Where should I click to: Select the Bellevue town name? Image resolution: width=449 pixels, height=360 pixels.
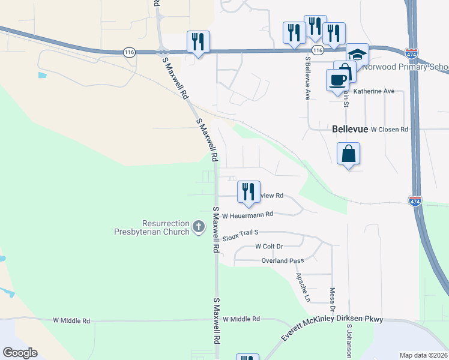[x=349, y=129]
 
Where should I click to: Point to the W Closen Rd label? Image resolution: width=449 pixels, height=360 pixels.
[x=389, y=129]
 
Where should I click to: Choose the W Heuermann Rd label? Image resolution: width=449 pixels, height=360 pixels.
[x=247, y=215]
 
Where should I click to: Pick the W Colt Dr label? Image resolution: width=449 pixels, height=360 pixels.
[x=269, y=246]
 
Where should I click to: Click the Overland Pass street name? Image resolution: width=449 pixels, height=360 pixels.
[x=282, y=260]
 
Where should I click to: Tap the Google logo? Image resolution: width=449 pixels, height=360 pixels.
[x=20, y=353]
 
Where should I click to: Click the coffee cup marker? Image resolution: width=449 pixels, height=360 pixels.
[x=337, y=80]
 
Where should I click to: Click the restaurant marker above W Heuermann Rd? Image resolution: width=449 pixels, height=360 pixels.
[x=249, y=192]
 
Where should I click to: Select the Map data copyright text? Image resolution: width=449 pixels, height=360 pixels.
[x=424, y=355]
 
